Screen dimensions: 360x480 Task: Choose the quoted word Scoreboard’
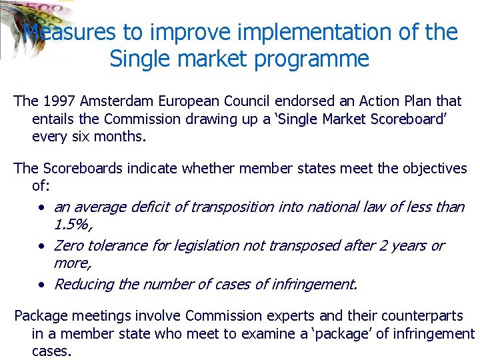pos(409,119)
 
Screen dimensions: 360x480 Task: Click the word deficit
pos(150,207)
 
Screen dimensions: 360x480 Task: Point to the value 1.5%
pos(71,225)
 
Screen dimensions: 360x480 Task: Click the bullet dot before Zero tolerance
pos(41,247)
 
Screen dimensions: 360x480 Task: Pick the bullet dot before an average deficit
pos(41,208)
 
